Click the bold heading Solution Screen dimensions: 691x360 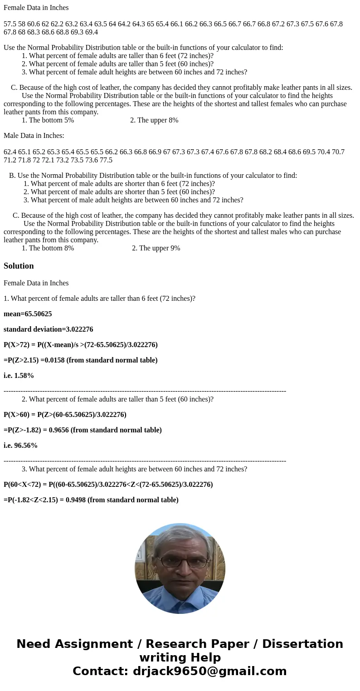pos(19,266)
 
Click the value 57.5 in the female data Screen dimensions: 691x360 pos(10,24)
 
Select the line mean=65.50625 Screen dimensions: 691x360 pos(28,314)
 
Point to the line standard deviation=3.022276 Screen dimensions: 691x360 pos(48,329)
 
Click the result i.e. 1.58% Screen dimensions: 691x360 pos(19,376)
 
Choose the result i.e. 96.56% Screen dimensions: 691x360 pos(20,446)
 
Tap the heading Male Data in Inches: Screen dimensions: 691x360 pos(34,136)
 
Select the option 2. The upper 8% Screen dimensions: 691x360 pos(154,120)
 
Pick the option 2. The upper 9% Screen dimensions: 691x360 pos(156,248)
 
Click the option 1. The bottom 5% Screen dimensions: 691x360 pos(48,120)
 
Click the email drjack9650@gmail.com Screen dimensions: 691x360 pos(210,671)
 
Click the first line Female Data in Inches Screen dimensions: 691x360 pos(36,8)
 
